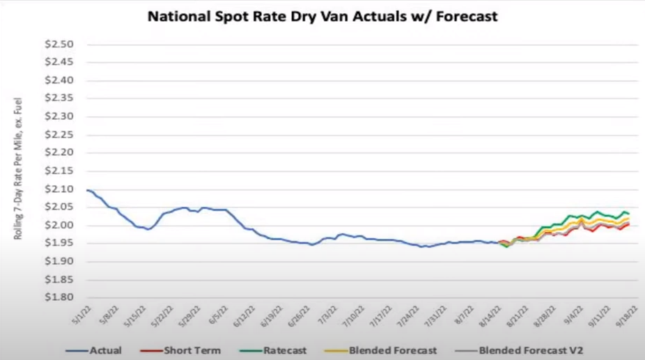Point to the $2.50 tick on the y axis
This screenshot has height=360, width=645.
tap(59, 45)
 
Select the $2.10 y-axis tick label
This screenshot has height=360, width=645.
tap(59, 189)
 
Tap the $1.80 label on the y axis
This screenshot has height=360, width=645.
tap(59, 298)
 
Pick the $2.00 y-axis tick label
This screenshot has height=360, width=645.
tap(59, 226)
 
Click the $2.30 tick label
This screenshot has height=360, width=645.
tap(59, 117)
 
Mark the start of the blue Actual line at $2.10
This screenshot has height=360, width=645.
tap(87, 190)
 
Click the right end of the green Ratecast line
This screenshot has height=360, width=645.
tap(630, 213)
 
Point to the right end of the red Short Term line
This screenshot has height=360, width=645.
tap(630, 224)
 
